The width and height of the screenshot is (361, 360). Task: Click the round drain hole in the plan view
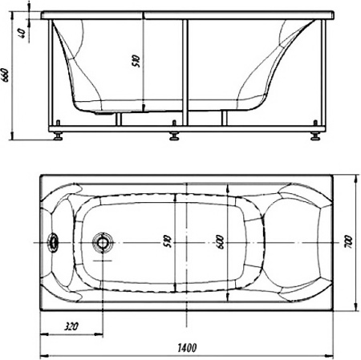pos(103,242)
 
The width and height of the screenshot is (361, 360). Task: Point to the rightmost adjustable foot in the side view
pos(312,134)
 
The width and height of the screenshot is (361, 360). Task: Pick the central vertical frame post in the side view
pos(187,72)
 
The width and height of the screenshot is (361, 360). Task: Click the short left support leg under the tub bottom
pos(120,119)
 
